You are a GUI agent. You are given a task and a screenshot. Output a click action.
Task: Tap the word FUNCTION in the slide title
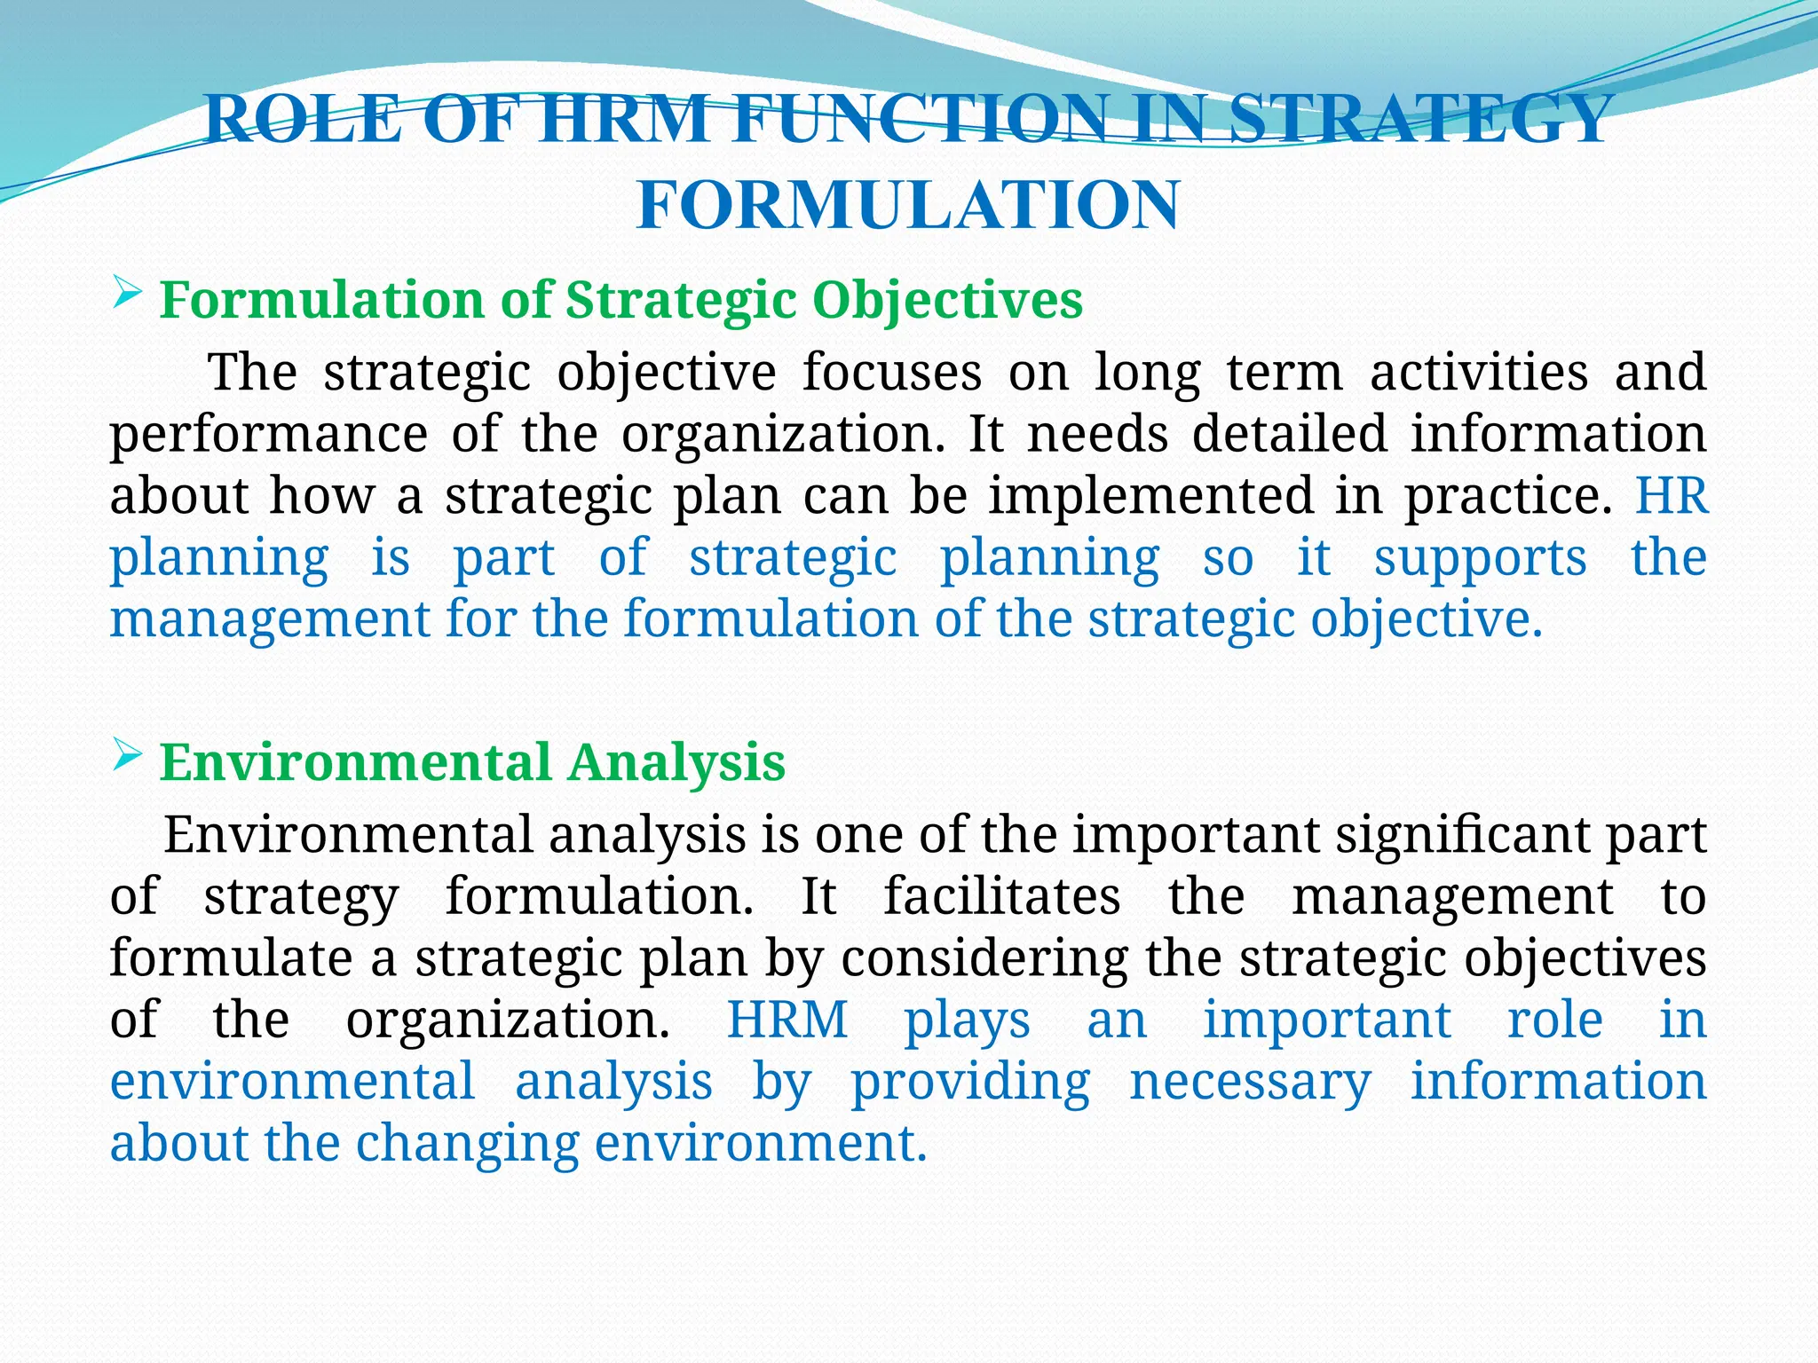click(x=922, y=120)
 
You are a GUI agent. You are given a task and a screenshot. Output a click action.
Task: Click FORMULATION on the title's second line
click(x=908, y=205)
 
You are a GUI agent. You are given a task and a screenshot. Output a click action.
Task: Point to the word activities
click(x=1479, y=372)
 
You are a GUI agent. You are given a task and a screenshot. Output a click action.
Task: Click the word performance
click(x=269, y=435)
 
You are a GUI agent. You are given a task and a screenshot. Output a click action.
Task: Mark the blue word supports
click(x=1481, y=559)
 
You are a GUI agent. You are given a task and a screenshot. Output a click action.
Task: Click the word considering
click(x=984, y=959)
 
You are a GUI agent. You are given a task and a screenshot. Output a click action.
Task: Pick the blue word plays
click(x=967, y=1021)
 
